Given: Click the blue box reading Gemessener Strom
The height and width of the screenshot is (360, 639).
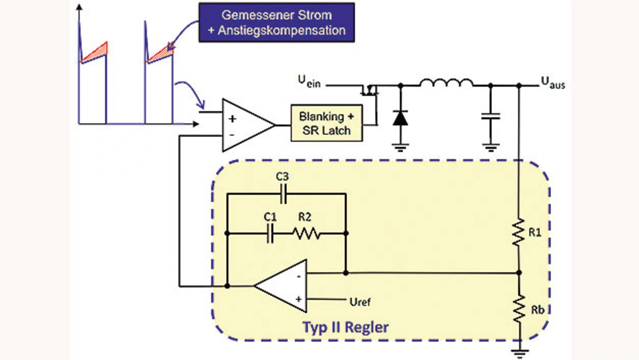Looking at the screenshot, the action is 277,22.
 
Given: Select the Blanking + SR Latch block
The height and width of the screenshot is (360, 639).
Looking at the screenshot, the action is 326,123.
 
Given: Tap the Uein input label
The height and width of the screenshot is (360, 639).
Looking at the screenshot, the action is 309,81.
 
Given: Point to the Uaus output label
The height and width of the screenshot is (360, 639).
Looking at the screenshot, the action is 553,83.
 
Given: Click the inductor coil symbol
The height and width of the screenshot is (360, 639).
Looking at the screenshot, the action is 446,82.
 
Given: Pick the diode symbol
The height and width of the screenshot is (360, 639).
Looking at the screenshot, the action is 400,118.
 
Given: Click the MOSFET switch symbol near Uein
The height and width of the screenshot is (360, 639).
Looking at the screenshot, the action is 370,90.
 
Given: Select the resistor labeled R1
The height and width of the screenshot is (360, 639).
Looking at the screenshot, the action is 519,232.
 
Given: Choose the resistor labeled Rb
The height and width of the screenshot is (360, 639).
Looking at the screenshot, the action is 519,309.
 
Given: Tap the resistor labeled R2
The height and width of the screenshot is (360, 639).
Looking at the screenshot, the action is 307,233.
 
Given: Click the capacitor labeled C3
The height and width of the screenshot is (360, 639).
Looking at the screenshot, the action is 284,194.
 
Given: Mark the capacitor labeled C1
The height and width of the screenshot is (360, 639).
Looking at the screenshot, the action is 270,233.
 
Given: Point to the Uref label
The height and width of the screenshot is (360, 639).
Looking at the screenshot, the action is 360,302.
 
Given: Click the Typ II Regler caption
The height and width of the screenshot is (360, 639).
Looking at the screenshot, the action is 345,327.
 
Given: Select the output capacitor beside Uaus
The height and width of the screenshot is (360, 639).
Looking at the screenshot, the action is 491,116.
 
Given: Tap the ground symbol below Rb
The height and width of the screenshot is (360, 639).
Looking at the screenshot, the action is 520,353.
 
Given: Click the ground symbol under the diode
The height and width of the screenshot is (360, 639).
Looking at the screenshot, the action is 400,148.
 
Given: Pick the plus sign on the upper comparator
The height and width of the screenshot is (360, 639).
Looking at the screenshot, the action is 233,119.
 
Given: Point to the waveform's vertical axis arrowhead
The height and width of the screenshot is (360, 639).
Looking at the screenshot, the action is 79,7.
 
